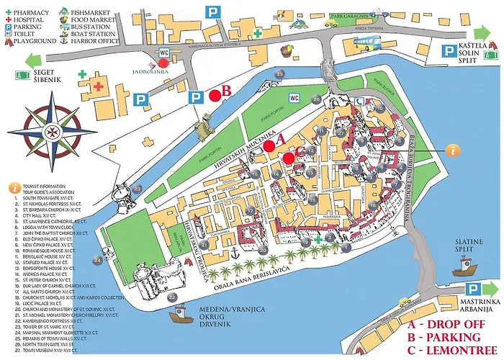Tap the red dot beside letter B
pos(215,94)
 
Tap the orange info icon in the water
pos(453,150)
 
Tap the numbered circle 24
pos(96,260)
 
